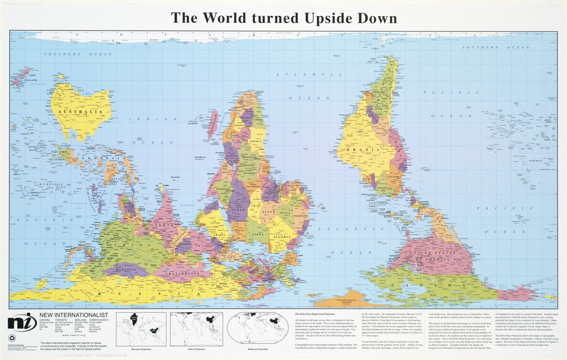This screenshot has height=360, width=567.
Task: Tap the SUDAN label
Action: [x=237, y=210]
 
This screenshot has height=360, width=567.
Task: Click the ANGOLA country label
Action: [x=255, y=141]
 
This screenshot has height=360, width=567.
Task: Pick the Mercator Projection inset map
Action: [x=141, y=328]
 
